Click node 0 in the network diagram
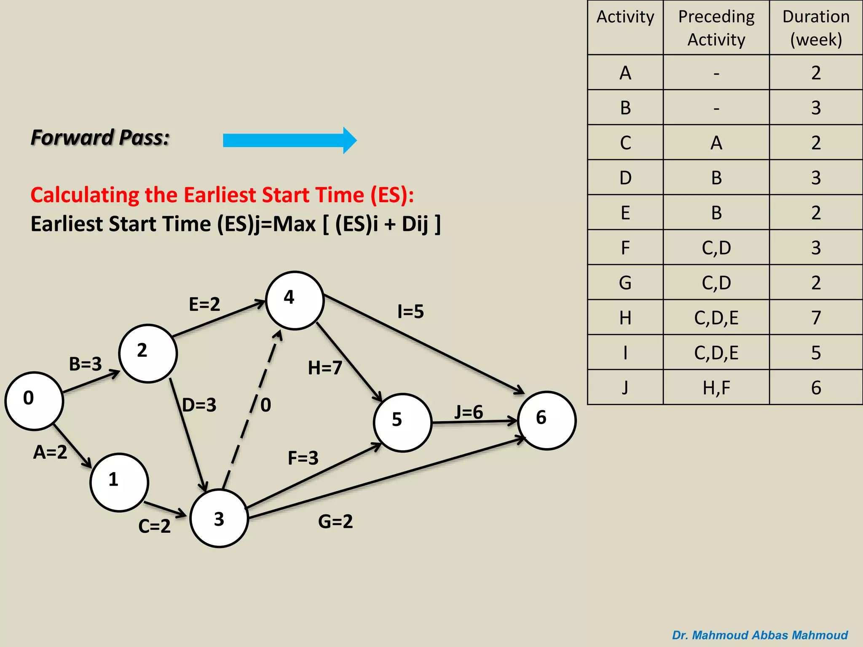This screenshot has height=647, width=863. coord(34,401)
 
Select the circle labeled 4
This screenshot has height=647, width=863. coord(295,300)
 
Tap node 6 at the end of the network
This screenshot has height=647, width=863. coord(547,420)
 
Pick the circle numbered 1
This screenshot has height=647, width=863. coord(119,482)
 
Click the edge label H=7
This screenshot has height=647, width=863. coord(324,368)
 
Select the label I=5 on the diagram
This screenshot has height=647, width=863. coord(410,312)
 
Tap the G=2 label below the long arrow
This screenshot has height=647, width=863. coord(335,521)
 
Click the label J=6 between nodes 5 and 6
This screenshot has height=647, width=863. coord(469,412)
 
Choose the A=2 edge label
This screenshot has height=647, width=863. coord(50,452)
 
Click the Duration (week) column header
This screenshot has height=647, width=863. coord(816,28)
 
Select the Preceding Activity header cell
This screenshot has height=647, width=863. coord(716,28)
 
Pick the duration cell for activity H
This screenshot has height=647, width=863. coord(816,318)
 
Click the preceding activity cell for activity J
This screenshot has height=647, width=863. coord(716,388)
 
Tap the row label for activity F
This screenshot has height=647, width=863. coord(625,248)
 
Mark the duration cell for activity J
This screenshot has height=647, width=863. coord(816,388)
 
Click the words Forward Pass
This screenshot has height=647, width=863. coord(100,138)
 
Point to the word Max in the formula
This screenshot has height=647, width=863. coord(294,224)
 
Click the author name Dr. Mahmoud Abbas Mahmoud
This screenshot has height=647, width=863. coord(760,635)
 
